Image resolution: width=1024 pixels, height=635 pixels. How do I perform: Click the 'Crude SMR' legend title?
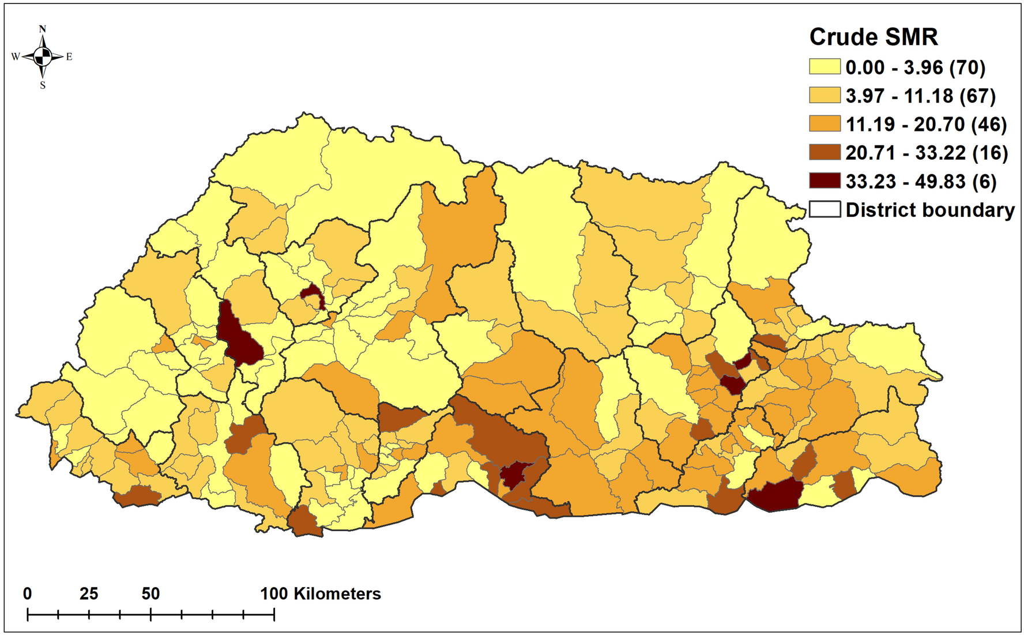(873, 37)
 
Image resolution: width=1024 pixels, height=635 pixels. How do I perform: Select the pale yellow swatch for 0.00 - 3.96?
(824, 67)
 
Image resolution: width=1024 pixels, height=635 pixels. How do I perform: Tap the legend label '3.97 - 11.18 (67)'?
(920, 96)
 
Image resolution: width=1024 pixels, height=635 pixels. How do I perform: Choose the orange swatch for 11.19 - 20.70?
(824, 124)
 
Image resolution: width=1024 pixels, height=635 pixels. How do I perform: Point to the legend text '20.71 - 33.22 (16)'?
(927, 153)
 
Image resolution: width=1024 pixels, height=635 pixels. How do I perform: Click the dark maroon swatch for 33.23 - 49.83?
(824, 181)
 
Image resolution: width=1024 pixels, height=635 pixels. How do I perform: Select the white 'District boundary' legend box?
(824, 209)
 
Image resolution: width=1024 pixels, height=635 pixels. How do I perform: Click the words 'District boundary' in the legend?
(929, 210)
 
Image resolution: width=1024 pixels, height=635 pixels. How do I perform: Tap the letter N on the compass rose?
(42, 29)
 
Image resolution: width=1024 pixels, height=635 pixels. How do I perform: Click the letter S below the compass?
(42, 85)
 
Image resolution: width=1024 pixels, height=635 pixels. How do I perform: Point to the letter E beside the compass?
(69, 57)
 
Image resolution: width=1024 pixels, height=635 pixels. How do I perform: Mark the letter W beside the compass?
(16, 57)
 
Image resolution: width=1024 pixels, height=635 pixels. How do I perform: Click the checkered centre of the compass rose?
(42, 57)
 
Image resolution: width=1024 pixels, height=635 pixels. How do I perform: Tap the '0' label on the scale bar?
(28, 593)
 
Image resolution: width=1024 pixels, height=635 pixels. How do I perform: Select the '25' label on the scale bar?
(89, 593)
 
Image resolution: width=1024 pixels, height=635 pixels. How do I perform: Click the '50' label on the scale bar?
(150, 593)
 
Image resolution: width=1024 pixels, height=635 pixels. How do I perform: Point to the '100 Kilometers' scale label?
(321, 593)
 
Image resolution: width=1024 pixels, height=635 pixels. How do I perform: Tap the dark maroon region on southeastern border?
(775, 495)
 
